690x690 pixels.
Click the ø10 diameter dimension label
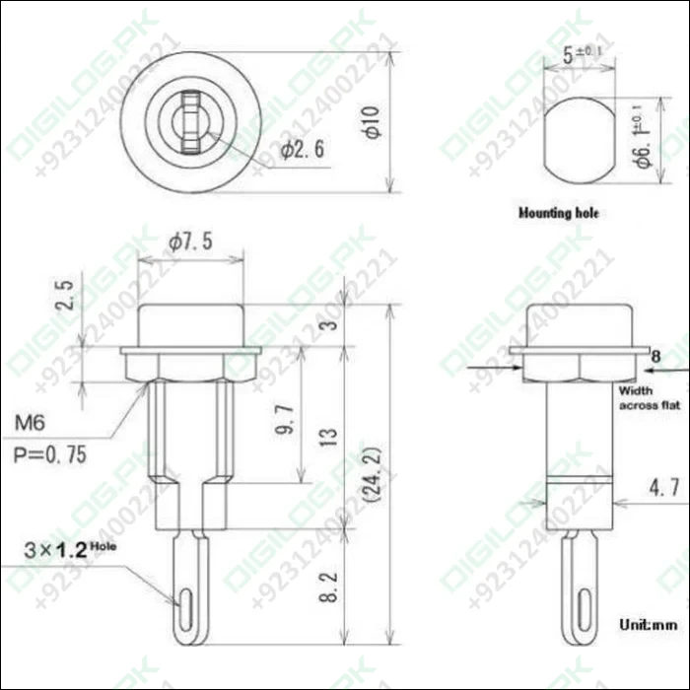[370, 119]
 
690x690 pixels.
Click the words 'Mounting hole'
[558, 212]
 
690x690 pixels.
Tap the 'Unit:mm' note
[648, 624]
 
